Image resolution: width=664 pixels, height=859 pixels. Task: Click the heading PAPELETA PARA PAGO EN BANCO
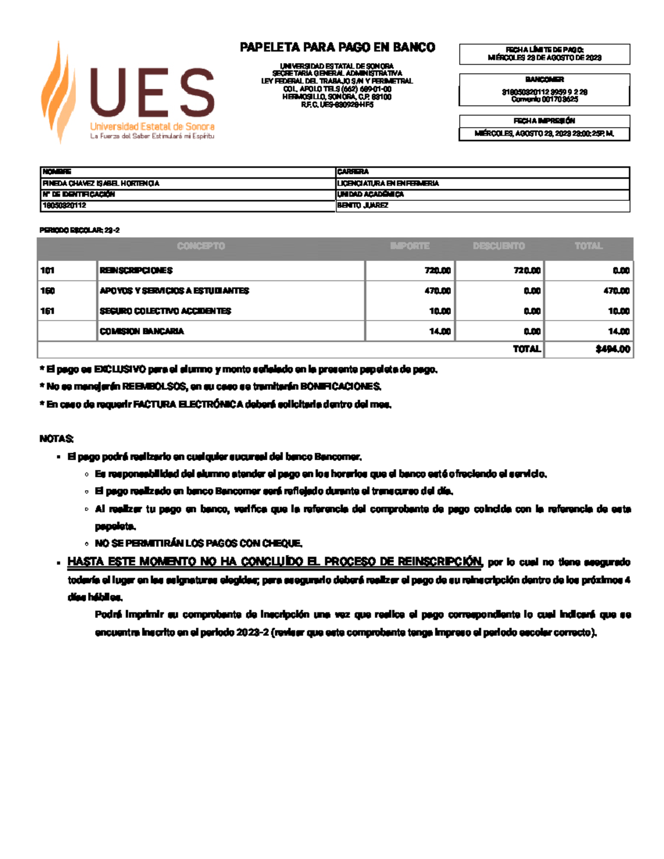click(337, 48)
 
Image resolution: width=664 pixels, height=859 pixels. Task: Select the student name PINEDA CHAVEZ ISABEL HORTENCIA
click(101, 183)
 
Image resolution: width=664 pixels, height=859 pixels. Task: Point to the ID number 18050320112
click(64, 205)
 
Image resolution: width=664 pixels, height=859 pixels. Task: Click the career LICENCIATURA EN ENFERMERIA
click(388, 183)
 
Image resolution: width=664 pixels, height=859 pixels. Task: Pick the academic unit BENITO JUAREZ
click(363, 205)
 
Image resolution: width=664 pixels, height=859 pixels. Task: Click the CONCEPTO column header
click(201, 246)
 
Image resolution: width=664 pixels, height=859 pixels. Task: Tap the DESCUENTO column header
click(499, 246)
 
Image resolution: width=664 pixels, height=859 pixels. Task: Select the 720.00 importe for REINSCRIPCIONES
click(437, 270)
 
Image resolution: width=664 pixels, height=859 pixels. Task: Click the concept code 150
click(48, 291)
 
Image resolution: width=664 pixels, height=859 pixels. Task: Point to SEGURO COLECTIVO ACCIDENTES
click(165, 311)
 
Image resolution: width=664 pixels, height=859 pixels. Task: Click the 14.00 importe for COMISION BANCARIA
click(440, 331)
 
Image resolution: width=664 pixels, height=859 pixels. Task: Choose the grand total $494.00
click(613, 349)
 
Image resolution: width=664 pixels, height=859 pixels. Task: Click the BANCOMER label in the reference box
click(544, 80)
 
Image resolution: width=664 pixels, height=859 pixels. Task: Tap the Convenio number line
click(544, 100)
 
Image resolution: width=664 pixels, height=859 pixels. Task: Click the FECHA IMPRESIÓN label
click(544, 121)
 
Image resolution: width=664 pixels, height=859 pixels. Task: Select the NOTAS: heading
click(56, 439)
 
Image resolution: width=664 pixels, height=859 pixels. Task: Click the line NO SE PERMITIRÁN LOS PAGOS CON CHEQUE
click(199, 543)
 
